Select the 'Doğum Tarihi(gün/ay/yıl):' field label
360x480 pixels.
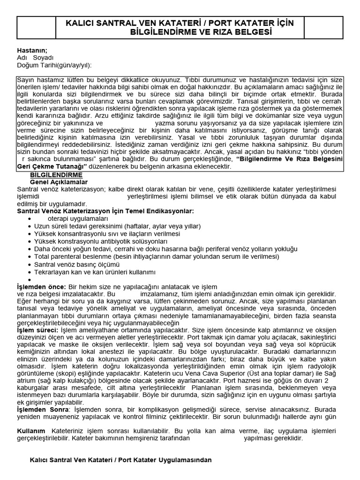pyautogui.click(x=54, y=65)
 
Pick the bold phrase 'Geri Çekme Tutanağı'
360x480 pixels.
pyautogui.click(x=53, y=166)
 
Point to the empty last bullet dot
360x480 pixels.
pyautogui.click(x=30, y=279)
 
